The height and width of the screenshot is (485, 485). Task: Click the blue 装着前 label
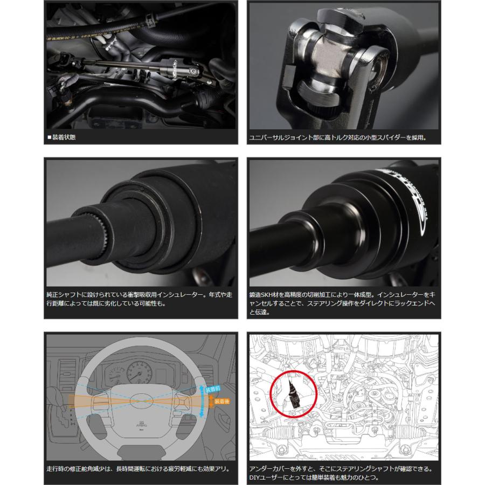(213, 389)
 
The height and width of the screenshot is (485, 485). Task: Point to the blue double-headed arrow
(202, 401)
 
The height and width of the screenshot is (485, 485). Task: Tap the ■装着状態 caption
(61, 137)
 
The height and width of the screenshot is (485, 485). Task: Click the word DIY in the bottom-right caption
(255, 477)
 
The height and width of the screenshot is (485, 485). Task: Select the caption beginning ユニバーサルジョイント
(338, 137)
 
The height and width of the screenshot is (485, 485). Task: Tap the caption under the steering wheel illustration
(138, 469)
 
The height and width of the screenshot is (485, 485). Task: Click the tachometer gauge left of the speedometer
(115, 375)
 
